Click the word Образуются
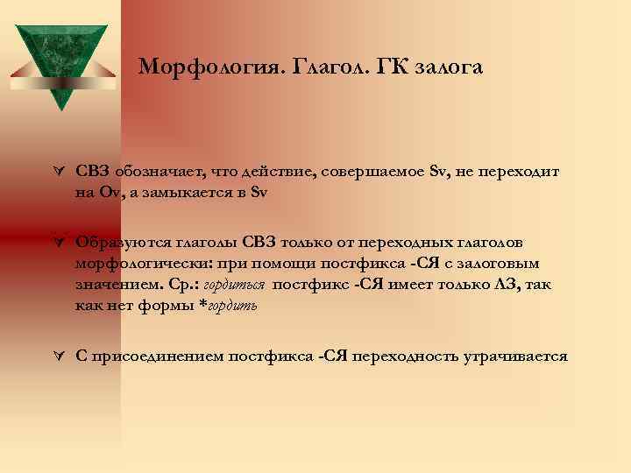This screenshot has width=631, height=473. coord(119,241)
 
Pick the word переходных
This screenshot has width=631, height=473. coord(403,241)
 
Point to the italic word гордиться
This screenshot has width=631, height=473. coord(236,285)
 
